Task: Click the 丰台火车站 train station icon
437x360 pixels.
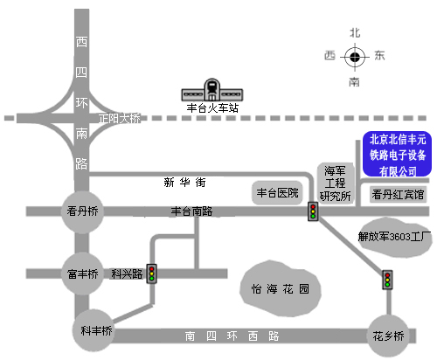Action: point(212,90)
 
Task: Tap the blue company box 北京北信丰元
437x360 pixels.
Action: point(397,154)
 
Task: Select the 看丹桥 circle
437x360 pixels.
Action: point(82,211)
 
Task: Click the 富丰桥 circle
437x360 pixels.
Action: point(82,273)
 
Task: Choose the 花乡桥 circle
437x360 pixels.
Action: point(388,336)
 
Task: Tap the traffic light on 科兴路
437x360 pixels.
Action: point(151,273)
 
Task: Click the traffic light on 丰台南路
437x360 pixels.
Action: point(313,211)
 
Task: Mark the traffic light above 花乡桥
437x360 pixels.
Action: point(387,280)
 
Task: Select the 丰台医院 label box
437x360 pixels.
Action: point(277,192)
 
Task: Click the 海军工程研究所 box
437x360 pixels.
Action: point(335,183)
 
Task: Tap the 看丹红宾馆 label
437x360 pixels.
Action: point(398,194)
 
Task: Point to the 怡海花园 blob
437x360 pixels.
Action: point(281,288)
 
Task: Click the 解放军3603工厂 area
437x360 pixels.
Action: point(395,237)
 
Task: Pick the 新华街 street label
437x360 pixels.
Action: point(184,183)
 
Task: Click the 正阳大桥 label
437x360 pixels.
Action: point(120,119)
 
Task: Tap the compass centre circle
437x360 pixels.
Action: point(355,57)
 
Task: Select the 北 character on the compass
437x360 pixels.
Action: point(355,33)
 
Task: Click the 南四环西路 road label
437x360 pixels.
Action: point(232,336)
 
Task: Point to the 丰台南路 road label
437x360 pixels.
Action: point(191,211)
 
